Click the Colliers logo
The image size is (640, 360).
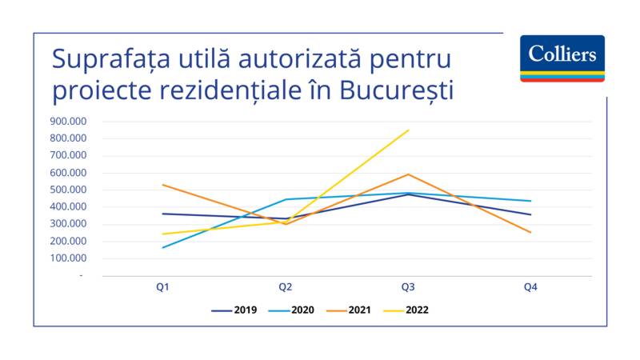click(562, 58)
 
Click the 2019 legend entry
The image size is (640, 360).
click(234, 310)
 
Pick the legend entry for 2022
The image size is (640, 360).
click(406, 310)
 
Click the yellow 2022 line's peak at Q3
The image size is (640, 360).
click(408, 130)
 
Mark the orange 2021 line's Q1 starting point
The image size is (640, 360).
click(162, 185)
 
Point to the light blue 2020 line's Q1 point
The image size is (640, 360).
click(162, 247)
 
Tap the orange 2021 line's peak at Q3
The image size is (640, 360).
click(408, 174)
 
